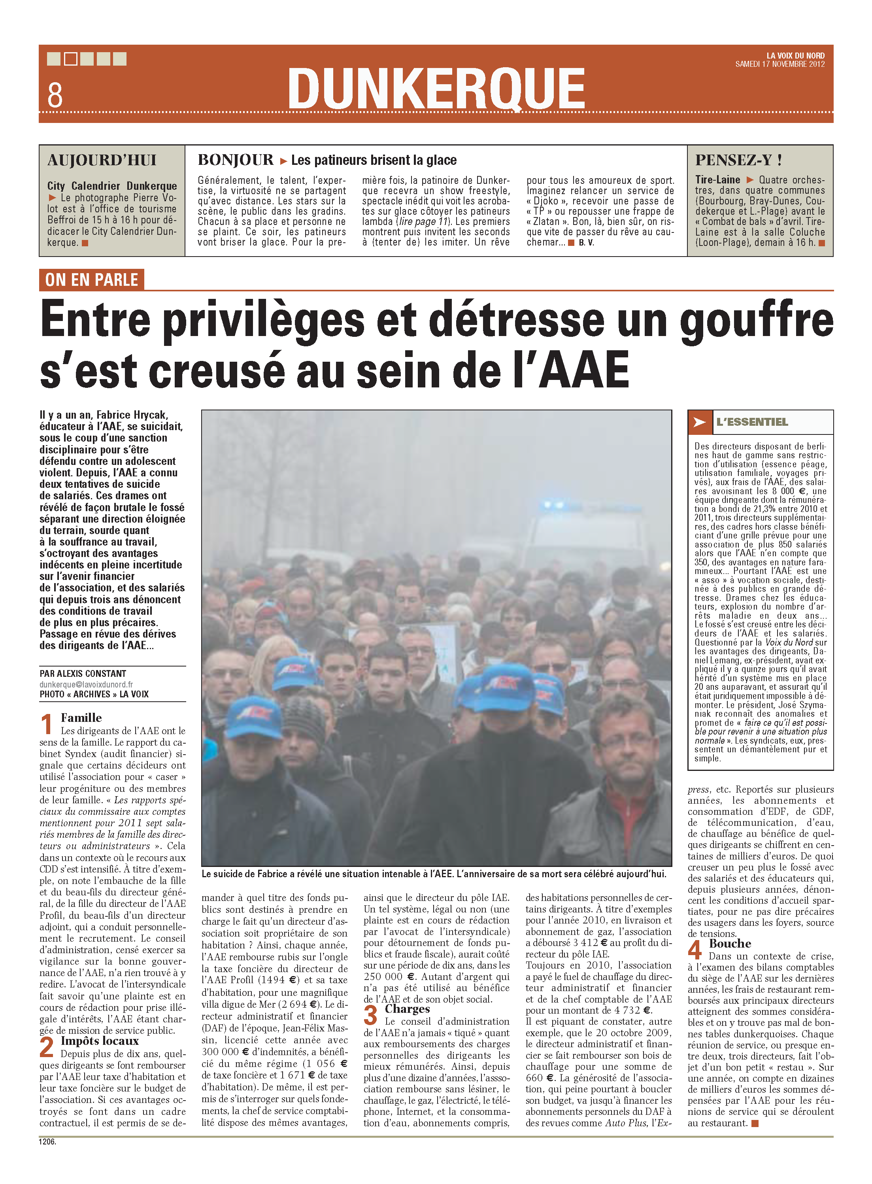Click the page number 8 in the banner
(x=55, y=95)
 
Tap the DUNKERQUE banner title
(x=436, y=89)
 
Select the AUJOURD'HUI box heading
(x=102, y=161)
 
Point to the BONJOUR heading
(x=236, y=160)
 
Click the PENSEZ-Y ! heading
(x=738, y=160)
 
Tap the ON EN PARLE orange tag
(x=91, y=280)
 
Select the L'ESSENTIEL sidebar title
(x=752, y=422)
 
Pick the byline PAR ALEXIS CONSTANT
(x=83, y=674)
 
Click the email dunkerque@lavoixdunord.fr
(x=86, y=684)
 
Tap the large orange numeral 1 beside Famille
(x=47, y=724)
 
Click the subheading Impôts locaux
(x=100, y=1040)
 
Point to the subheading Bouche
(x=730, y=943)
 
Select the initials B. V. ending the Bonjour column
(x=586, y=243)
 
